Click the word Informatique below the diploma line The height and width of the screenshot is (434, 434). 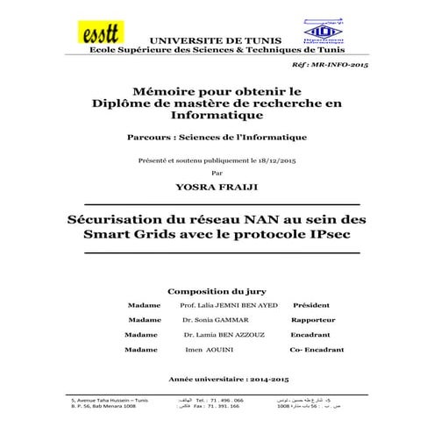click(216, 115)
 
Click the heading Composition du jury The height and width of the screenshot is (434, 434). click(217, 289)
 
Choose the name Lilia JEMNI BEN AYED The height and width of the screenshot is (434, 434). click(228, 304)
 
